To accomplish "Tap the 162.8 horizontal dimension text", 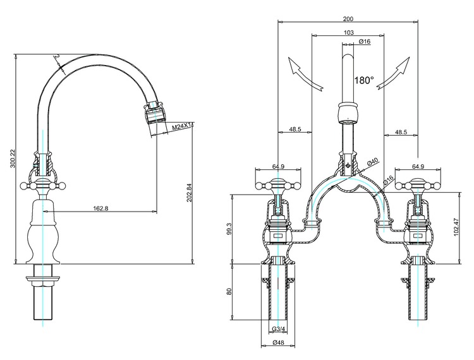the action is tap(100, 208).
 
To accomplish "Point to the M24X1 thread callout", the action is tap(181, 127).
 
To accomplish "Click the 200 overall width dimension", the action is tap(348, 19).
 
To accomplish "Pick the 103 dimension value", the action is tap(348, 32).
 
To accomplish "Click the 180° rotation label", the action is tap(364, 80).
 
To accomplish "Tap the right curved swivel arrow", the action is tap(393, 73).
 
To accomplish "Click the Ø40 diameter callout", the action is tap(373, 162).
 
